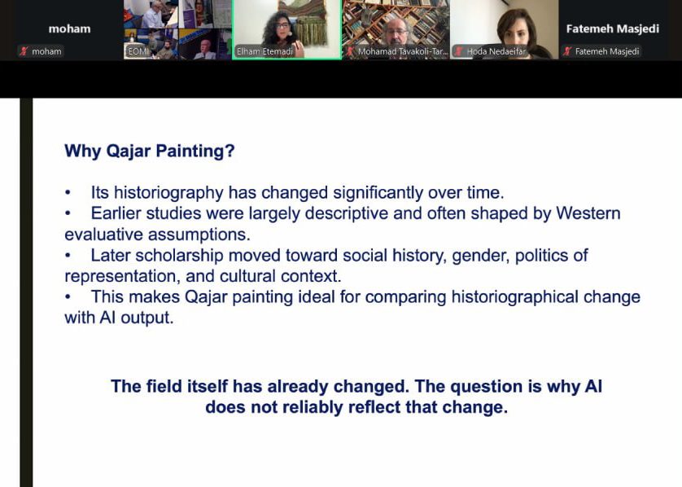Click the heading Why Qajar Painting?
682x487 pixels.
pyautogui.click(x=150, y=151)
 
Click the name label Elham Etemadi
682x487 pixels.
pyautogui.click(x=264, y=51)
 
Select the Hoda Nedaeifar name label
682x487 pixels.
pyautogui.click(x=496, y=51)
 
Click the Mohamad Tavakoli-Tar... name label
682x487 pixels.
pyautogui.click(x=403, y=51)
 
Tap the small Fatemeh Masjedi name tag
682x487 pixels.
pyautogui.click(x=607, y=51)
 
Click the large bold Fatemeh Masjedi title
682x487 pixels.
pyautogui.click(x=612, y=29)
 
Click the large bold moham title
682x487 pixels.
pyautogui.click(x=70, y=29)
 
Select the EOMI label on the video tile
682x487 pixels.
pyautogui.click(x=138, y=51)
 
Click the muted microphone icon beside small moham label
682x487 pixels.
pyautogui.click(x=24, y=51)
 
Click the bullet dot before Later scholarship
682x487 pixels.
pyautogui.click(x=68, y=256)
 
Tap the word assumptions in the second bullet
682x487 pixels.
pyautogui.click(x=199, y=235)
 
